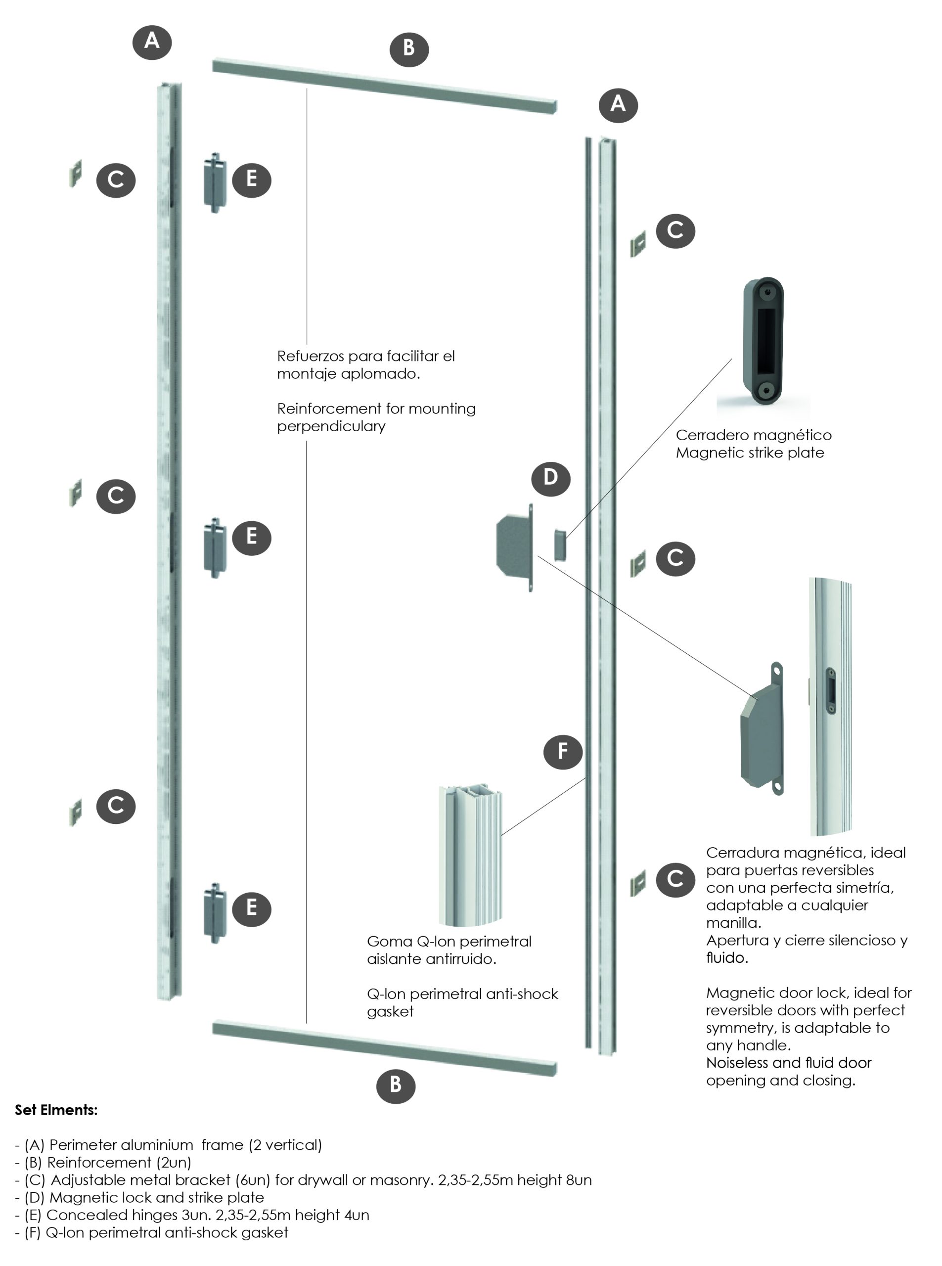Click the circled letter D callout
pos(550,477)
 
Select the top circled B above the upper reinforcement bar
pos(409,48)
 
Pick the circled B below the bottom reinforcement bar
pos(396,1084)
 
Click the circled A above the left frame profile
pos(152,41)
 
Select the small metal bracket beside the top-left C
pos(75,174)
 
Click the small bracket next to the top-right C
pos(638,245)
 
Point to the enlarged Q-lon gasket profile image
pos(471,856)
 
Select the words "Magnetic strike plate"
pos(749,453)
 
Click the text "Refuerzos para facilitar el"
pos(365,357)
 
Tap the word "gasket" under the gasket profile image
pos(390,1011)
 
